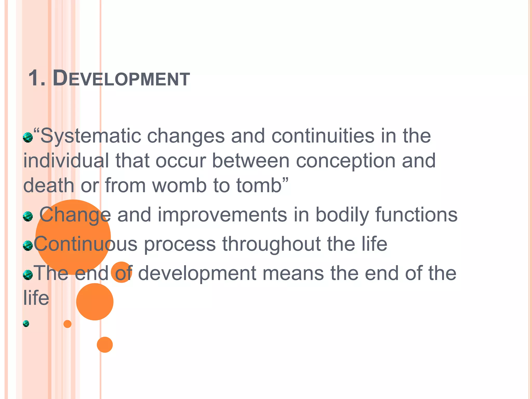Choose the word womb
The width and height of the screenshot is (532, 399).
[179, 185]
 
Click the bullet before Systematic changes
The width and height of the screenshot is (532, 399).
[28, 137]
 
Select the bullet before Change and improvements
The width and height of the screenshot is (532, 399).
[28, 216]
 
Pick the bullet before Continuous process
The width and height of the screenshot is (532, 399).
[28, 245]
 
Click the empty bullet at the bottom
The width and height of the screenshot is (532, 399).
[26, 323]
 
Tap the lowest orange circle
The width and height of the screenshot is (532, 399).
[105, 345]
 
